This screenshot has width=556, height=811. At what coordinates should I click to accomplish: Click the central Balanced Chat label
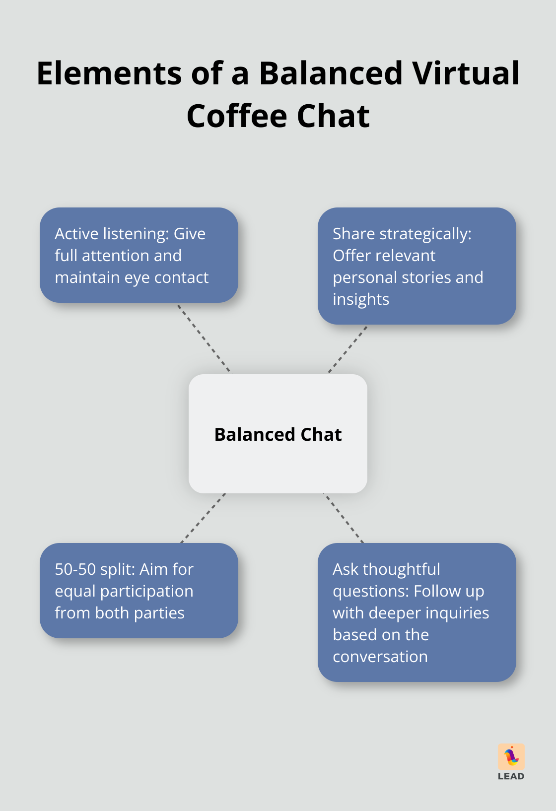pos(278,434)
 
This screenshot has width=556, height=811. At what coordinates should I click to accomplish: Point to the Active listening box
pos(139,255)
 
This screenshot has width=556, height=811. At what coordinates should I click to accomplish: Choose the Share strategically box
pos(417,266)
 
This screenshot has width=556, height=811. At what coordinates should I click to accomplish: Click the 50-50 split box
pos(139,591)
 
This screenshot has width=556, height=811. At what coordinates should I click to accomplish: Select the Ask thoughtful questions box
pos(417,612)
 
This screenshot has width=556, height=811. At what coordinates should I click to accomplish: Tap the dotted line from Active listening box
pos(205,338)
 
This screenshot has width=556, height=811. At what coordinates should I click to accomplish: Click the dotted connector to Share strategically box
pos(347,349)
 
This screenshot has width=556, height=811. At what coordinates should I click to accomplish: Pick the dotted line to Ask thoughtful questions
pos(344,518)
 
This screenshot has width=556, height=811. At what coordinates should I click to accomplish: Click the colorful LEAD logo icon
pos(511,756)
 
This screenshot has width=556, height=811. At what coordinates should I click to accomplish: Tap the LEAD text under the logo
pos(511,776)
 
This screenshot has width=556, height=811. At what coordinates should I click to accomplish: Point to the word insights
pos(361,299)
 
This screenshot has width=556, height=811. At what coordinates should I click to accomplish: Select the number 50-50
pos(75,569)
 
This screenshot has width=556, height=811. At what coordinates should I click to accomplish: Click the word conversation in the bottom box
pos(380,657)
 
